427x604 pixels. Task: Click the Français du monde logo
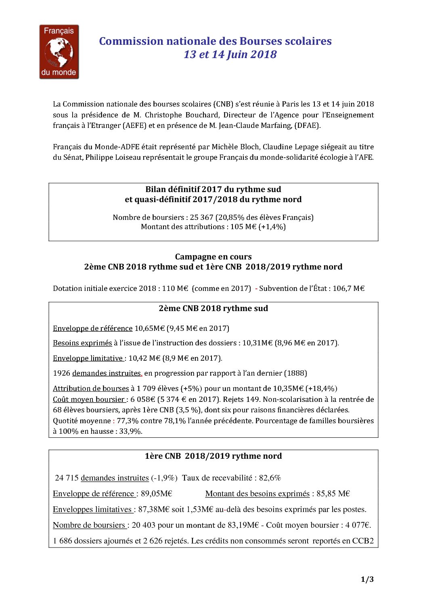click(x=59, y=52)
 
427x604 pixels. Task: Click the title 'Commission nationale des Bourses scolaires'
click(x=215, y=41)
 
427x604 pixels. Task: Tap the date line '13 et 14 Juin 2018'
click(x=230, y=54)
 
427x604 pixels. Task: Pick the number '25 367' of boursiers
click(x=201, y=217)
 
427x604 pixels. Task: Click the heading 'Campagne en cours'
click(x=213, y=257)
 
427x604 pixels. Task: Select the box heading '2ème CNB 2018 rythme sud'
click(x=213, y=309)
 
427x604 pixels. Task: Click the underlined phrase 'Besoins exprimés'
click(x=82, y=343)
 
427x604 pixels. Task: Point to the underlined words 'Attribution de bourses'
click(x=91, y=389)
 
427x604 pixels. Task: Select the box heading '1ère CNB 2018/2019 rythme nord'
click(x=213, y=456)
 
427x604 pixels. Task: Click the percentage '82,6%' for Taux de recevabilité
click(x=270, y=478)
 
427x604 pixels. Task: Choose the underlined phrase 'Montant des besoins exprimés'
click(x=257, y=494)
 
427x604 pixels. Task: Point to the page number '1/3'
click(x=367, y=580)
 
